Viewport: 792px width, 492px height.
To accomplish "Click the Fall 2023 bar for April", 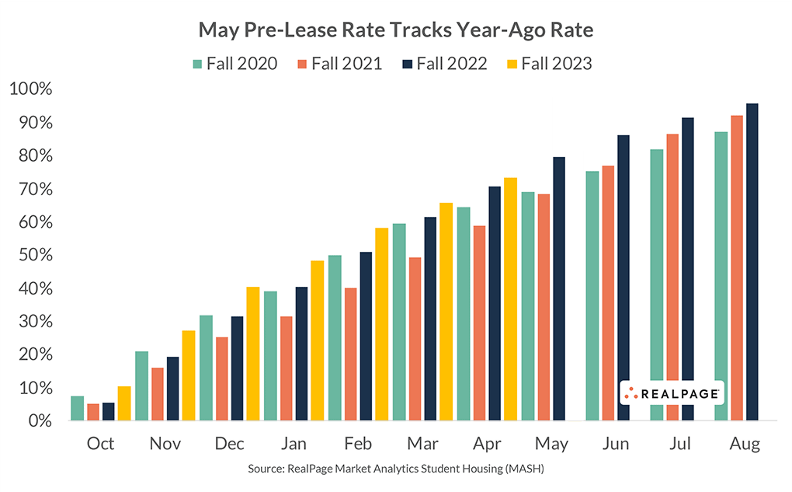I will tap(510, 299).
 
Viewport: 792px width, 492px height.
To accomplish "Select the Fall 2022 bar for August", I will tap(752, 262).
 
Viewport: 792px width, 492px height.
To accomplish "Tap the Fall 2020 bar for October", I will tap(77, 408).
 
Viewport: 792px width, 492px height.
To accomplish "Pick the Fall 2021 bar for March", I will tap(415, 339).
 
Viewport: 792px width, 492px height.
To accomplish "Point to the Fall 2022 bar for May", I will tap(558, 288).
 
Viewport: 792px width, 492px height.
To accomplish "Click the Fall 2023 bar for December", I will tap(252, 354).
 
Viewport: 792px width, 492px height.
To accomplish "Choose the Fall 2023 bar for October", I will tap(123, 403).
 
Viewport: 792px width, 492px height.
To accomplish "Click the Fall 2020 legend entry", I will tap(233, 64).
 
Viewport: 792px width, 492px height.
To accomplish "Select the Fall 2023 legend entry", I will tap(548, 64).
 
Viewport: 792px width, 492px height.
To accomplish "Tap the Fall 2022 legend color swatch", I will tap(405, 64).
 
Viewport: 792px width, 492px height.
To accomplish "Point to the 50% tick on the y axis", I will tap(31, 256).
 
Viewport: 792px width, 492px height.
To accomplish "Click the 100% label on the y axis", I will tap(31, 90).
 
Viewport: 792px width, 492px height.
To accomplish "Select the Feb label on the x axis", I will tap(358, 444).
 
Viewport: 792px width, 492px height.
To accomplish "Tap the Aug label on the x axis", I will tap(745, 444).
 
